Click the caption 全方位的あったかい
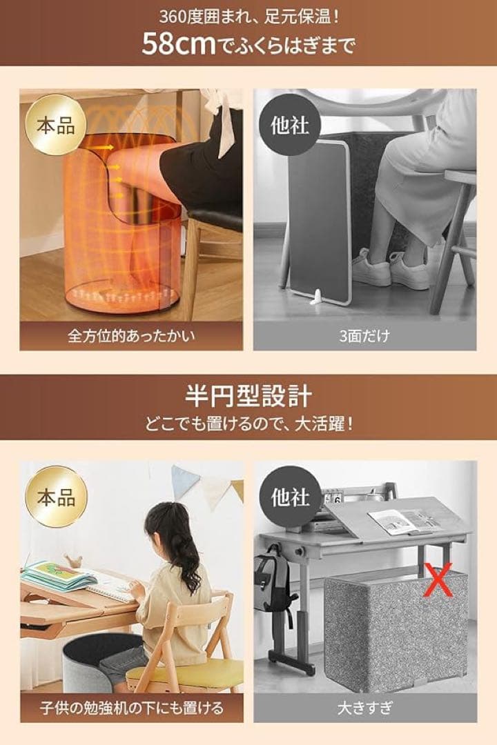(x=131, y=337)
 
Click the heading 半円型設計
(x=248, y=397)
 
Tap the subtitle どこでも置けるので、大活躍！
(x=248, y=423)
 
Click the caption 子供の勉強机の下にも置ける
(x=131, y=708)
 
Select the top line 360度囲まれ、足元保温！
(x=248, y=15)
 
